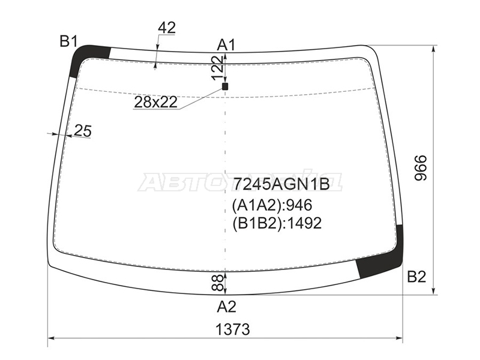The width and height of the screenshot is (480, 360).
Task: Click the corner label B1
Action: pyautogui.click(x=68, y=41)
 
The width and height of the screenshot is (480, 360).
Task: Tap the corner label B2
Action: pyautogui.click(x=416, y=277)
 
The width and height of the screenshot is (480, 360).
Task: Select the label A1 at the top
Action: pyautogui.click(x=226, y=46)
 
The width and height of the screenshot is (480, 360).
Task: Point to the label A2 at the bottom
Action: pyautogui.click(x=227, y=307)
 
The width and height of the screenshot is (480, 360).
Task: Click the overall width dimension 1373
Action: pyautogui.click(x=233, y=329)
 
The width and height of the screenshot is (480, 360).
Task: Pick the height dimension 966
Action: pyautogui.click(x=421, y=168)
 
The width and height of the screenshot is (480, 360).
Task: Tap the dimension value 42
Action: pyautogui.click(x=167, y=28)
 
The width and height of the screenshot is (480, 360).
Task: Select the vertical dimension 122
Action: pyautogui.click(x=218, y=68)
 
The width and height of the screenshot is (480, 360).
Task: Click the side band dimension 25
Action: pyautogui.click(x=83, y=131)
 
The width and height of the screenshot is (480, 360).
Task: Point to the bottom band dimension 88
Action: pyautogui.click(x=217, y=283)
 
